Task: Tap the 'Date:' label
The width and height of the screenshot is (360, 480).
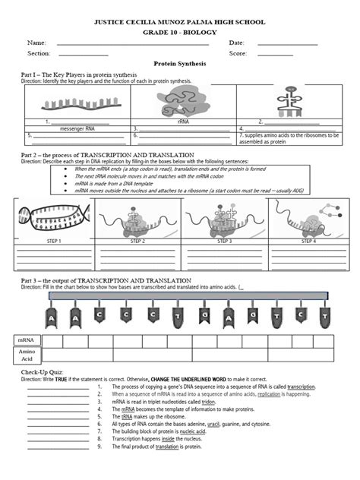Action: pyautogui.click(x=236, y=43)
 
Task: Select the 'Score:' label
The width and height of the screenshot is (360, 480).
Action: pyautogui.click(x=238, y=54)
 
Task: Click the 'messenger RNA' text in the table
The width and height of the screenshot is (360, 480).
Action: pyautogui.click(x=67, y=128)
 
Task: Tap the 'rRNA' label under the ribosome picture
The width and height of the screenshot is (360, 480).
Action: pyautogui.click(x=183, y=122)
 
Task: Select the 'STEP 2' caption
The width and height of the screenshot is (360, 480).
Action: pyautogui.click(x=137, y=241)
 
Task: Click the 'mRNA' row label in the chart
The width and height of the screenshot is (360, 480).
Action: pyautogui.click(x=27, y=341)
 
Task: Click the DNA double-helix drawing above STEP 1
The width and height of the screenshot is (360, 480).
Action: pyautogui.click(x=52, y=219)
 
